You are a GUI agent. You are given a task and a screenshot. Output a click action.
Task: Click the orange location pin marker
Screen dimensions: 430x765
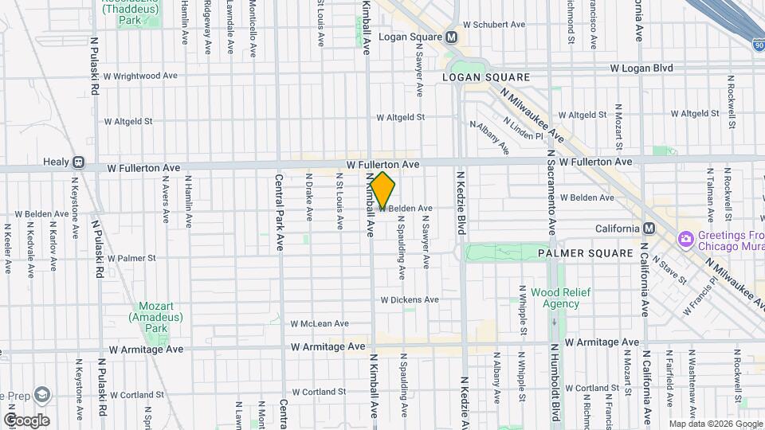[x=382, y=191]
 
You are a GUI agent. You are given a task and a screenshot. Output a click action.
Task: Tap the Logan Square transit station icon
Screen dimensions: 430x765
[x=451, y=37]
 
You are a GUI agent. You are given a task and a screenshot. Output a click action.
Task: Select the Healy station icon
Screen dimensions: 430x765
[x=78, y=162]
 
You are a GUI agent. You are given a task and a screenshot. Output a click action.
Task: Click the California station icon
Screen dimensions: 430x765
[x=649, y=229]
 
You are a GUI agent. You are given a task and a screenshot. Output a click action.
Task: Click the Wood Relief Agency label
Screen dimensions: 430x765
[x=561, y=298]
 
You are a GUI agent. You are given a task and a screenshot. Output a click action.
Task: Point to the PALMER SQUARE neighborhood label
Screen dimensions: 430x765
[x=584, y=253]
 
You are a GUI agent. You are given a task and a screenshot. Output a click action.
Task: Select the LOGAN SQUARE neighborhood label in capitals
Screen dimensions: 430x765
[x=486, y=77]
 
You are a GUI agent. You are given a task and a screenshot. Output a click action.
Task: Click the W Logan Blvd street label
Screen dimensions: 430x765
[x=641, y=68]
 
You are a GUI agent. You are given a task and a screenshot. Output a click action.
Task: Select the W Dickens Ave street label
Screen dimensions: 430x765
[x=410, y=300]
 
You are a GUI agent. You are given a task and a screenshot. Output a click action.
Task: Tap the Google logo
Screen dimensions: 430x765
[x=26, y=420]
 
